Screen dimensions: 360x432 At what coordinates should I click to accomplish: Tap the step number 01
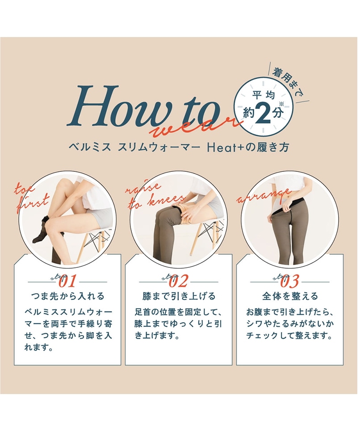(67, 282)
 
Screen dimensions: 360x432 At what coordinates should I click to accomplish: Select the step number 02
(179, 282)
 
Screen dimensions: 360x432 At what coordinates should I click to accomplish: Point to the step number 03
(290, 282)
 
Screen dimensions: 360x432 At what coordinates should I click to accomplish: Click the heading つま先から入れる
(67, 296)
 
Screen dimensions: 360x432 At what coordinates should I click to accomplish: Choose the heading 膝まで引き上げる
(179, 296)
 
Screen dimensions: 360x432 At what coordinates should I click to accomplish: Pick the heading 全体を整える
(290, 296)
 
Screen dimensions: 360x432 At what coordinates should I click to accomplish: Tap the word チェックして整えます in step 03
(289, 336)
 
